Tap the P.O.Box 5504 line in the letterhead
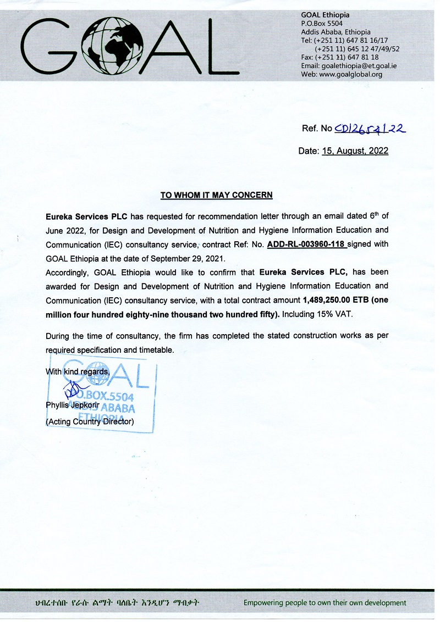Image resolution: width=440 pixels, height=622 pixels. pos(322,24)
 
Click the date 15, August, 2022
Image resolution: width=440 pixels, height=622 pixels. pos(355,151)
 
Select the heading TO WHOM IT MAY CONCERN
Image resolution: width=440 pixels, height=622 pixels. pos(216,195)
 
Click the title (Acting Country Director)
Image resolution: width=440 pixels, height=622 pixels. pos(90,422)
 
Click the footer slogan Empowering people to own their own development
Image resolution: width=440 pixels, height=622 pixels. pos(324,603)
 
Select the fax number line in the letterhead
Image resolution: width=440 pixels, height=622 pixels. pos(340,57)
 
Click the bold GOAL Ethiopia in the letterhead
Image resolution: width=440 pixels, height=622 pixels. pos(325,15)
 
